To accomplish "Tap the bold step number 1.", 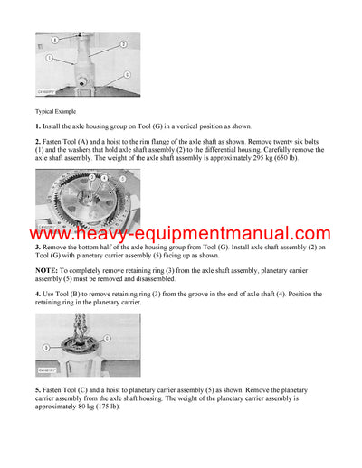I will (x=38, y=126).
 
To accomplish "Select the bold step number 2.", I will (x=38, y=143).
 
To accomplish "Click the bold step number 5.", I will (x=38, y=388).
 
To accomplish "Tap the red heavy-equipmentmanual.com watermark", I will (x=181, y=234).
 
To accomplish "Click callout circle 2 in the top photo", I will (x=124, y=43).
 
